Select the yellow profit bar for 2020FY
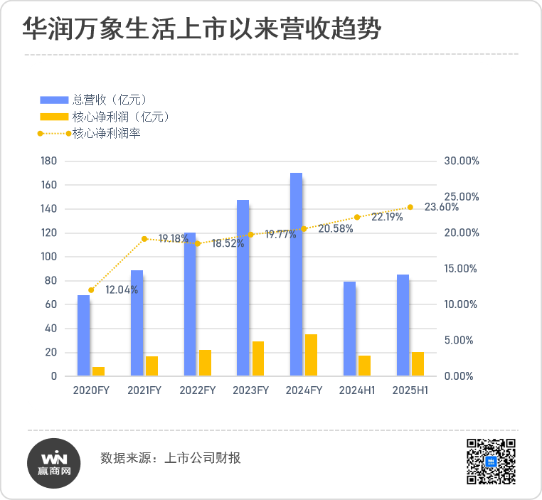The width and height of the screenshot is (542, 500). [x=98, y=371]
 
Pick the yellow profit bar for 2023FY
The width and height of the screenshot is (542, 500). [x=258, y=358]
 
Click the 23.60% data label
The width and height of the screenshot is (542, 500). [x=442, y=207]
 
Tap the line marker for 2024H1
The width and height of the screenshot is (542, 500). [x=357, y=217]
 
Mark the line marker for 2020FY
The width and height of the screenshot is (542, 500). [x=91, y=290]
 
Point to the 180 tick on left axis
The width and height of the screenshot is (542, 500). [x=49, y=161]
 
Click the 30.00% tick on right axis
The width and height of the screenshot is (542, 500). [x=461, y=161]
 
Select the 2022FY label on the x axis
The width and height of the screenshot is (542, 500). [x=197, y=390]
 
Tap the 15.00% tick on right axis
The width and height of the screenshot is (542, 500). [x=461, y=269]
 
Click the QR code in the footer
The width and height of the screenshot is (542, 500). [x=490, y=462]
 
